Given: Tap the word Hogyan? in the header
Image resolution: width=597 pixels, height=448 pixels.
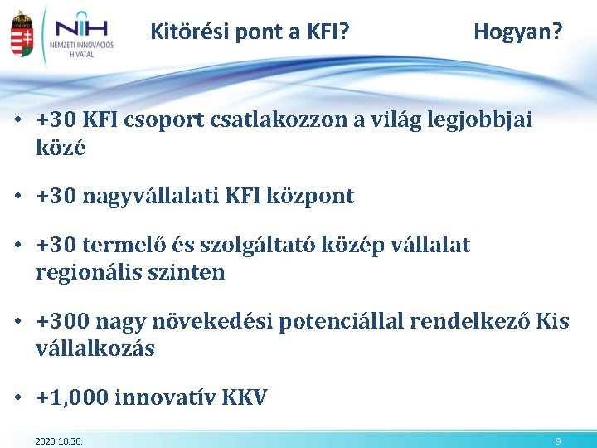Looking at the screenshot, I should (x=517, y=32).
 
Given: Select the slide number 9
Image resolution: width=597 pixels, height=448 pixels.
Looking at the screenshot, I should (x=559, y=441).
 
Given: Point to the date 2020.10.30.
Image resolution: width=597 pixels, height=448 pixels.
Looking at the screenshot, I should (x=59, y=441).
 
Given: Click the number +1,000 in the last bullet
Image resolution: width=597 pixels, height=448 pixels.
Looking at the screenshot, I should (x=72, y=398).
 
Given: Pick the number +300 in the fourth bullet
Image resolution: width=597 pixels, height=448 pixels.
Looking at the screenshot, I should (x=63, y=321).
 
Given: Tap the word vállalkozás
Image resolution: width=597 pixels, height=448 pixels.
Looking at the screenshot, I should (x=95, y=348).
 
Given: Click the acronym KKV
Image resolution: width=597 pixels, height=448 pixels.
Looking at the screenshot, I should (x=245, y=398).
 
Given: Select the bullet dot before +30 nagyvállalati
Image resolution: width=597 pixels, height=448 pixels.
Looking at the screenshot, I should (x=17, y=197).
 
